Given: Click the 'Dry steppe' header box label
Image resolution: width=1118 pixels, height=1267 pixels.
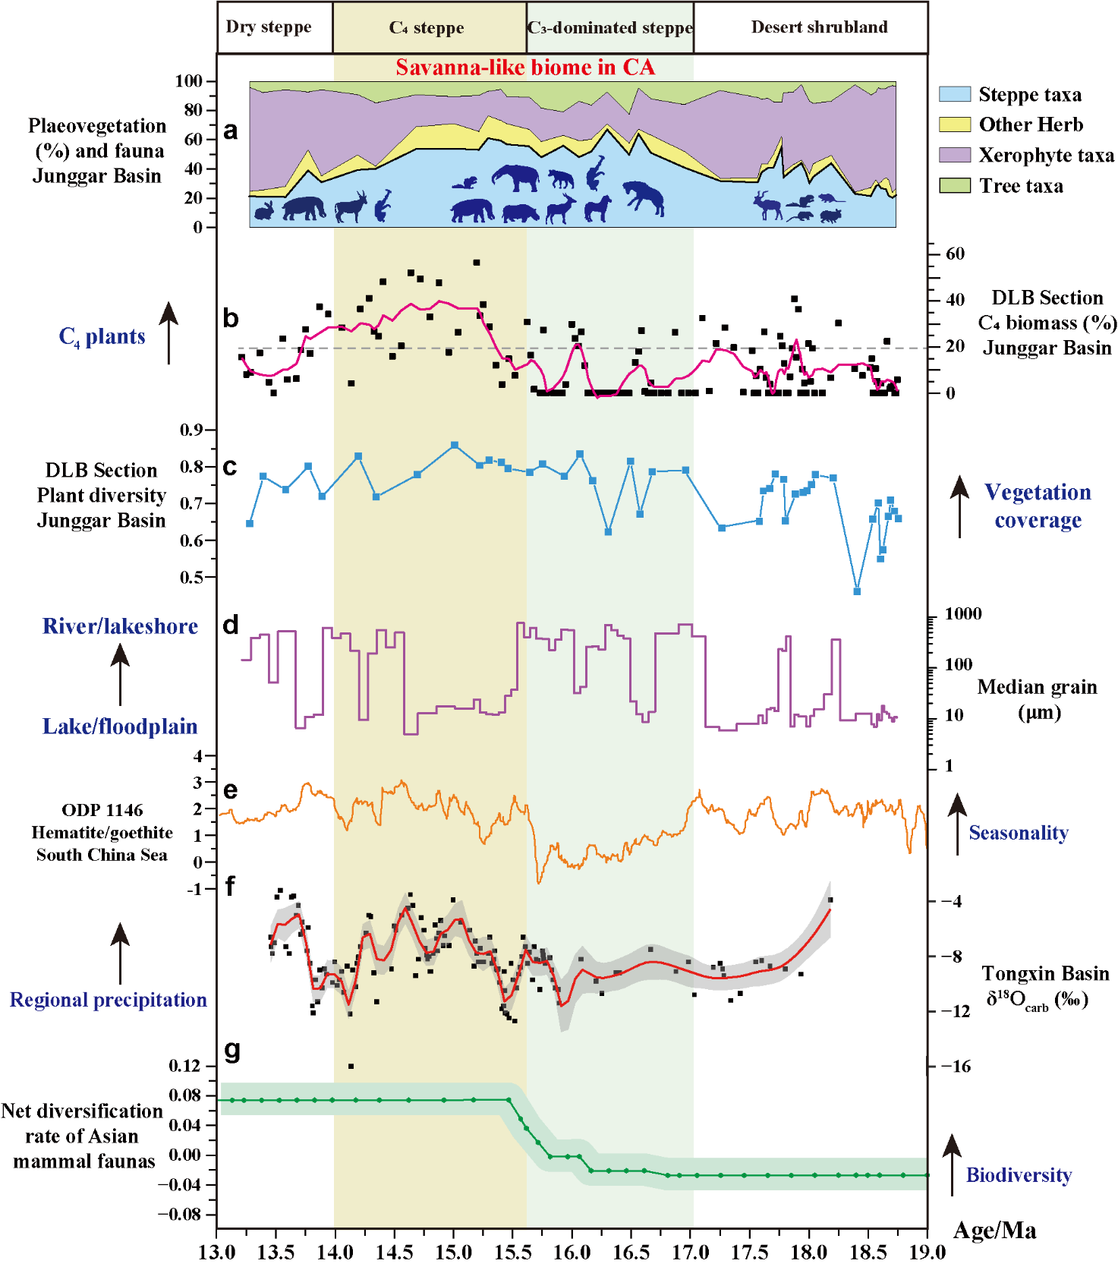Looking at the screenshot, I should pyautogui.click(x=269, y=27).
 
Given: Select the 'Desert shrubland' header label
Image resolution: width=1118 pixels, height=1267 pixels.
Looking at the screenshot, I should pyautogui.click(x=819, y=27).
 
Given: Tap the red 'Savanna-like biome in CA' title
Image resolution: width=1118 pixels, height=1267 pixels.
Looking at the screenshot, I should pyautogui.click(x=525, y=68).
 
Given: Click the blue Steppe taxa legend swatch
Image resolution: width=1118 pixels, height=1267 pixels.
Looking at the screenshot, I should pyautogui.click(x=954, y=94).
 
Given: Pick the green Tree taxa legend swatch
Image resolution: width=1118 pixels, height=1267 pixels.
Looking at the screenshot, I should pyautogui.click(x=954, y=185).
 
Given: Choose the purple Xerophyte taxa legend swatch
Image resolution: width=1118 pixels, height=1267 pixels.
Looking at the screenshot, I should pyautogui.click(x=954, y=155).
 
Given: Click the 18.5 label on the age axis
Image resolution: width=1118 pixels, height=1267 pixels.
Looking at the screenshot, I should pyautogui.click(x=868, y=1252).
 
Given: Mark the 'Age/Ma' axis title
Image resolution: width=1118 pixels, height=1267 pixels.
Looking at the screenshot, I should pyautogui.click(x=994, y=1231).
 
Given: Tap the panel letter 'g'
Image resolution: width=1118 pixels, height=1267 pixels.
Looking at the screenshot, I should pyautogui.click(x=232, y=1051).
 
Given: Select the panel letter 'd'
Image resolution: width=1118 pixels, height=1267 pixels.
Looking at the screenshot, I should pyautogui.click(x=231, y=625).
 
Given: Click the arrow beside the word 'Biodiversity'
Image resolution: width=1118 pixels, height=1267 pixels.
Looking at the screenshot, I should pyautogui.click(x=952, y=1165).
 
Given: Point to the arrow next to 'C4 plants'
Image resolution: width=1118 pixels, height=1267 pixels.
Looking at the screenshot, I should pyautogui.click(x=168, y=333).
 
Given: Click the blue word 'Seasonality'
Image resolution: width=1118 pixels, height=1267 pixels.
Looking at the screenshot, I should pyautogui.click(x=1019, y=833).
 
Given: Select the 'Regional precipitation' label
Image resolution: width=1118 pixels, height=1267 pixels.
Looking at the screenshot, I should pyautogui.click(x=109, y=1000).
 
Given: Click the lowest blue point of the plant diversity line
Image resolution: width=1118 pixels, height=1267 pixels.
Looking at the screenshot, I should pyautogui.click(x=857, y=591).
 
